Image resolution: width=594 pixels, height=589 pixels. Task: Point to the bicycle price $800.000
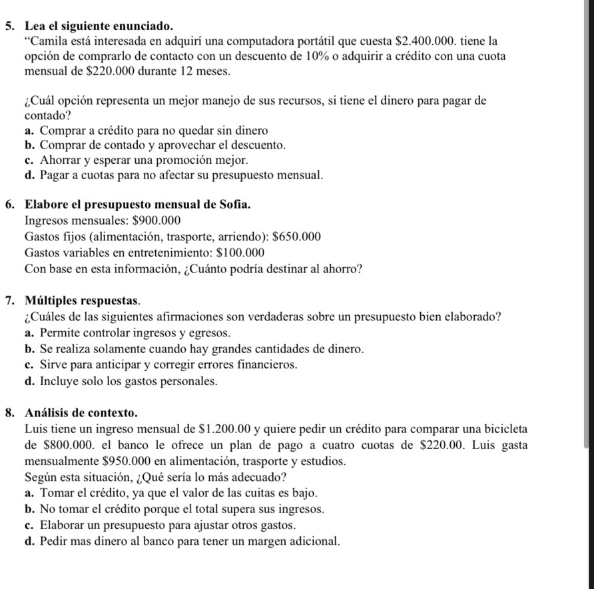point(61,445)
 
